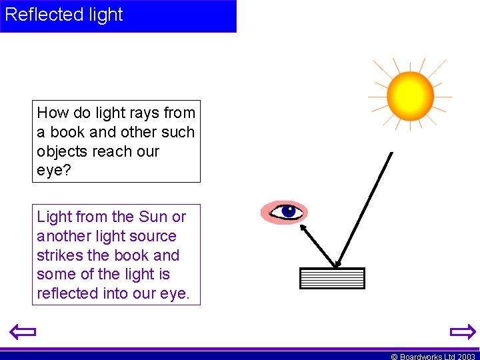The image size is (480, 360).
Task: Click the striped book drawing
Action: coord(333,278)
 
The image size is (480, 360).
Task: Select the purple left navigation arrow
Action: coord(22,331)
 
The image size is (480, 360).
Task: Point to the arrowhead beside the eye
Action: coord(303,229)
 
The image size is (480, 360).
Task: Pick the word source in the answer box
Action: coord(153,236)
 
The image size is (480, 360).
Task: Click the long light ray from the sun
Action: coord(367,207)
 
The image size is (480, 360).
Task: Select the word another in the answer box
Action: coord(64,236)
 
